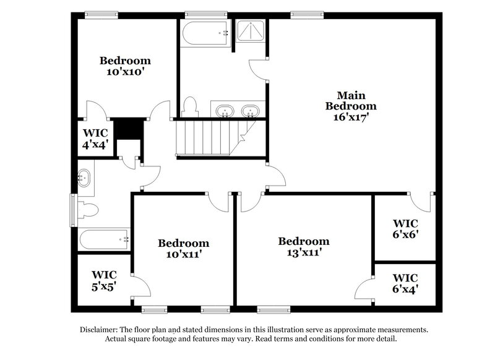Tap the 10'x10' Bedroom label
pyautogui.click(x=126, y=66)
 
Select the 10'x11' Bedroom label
pyautogui.click(x=183, y=248)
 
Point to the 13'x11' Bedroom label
pyautogui.click(x=303, y=246)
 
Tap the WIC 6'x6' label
pyautogui.click(x=405, y=228)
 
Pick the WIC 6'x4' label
pyautogui.click(x=405, y=283)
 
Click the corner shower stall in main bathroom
pyautogui.click(x=251, y=31)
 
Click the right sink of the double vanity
pyautogui.click(x=250, y=111)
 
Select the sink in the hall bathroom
pyautogui.click(x=84, y=178)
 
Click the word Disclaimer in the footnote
pyautogui.click(x=101, y=330)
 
